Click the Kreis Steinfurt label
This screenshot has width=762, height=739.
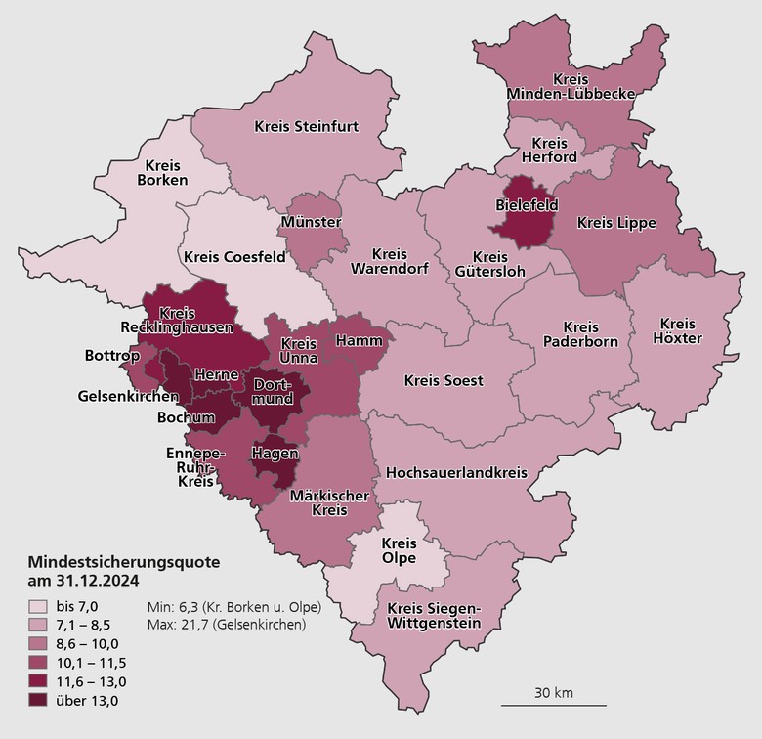pyautogui.click(x=306, y=126)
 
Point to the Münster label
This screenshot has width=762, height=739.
pyautogui.click(x=310, y=223)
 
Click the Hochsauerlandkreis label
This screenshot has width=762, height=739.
pyautogui.click(x=456, y=472)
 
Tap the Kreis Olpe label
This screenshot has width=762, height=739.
pyautogui.click(x=399, y=550)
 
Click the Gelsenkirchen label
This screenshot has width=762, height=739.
pyautogui.click(x=129, y=397)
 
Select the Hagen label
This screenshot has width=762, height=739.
pyautogui.click(x=274, y=454)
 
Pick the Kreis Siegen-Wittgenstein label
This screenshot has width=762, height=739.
pyautogui.click(x=434, y=617)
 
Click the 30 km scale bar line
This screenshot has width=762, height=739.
pyautogui.click(x=554, y=705)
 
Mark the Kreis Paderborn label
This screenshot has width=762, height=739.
pyautogui.click(x=580, y=334)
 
